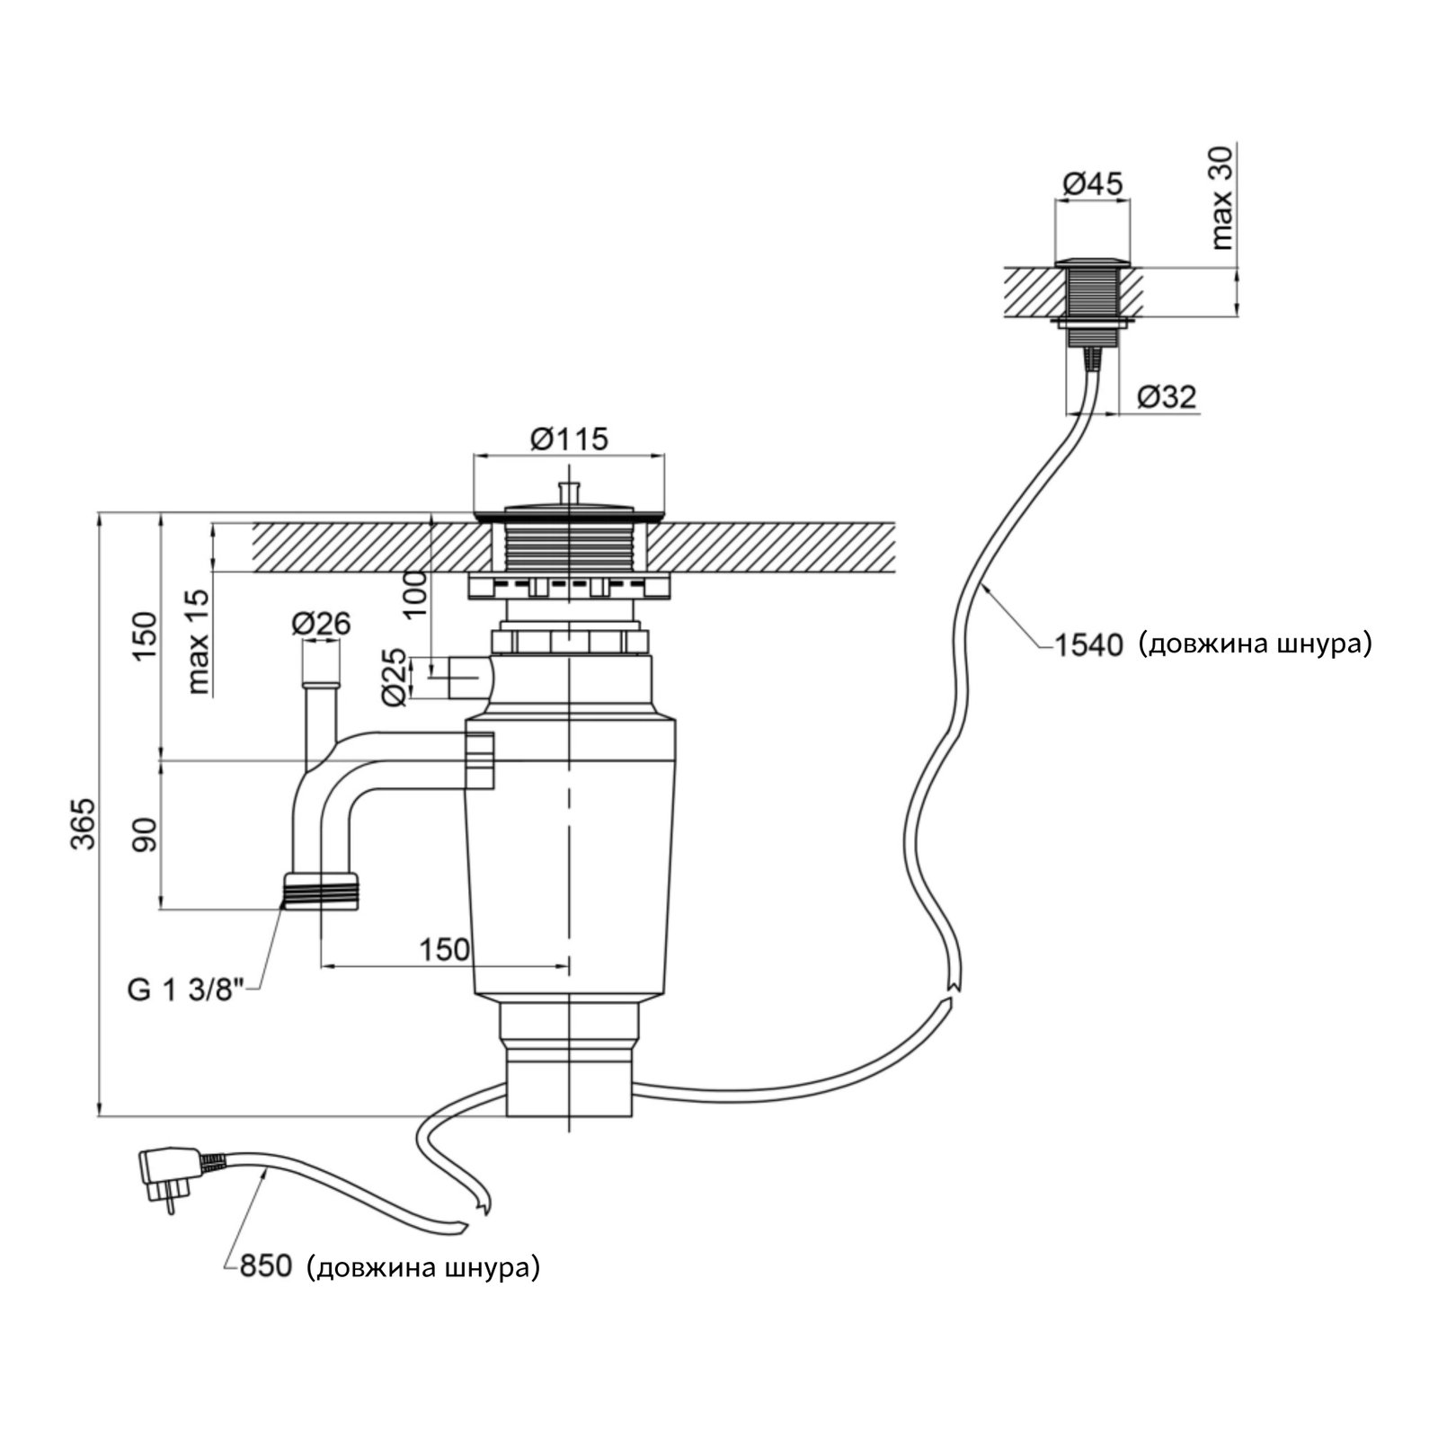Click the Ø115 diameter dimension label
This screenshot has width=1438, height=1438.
(x=569, y=439)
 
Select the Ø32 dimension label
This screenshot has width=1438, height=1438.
(x=1167, y=396)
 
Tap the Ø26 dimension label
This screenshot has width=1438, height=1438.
(x=321, y=622)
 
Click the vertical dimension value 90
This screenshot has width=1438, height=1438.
(x=146, y=834)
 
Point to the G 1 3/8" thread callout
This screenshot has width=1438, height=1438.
(x=186, y=990)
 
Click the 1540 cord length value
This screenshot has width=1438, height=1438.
(x=1087, y=644)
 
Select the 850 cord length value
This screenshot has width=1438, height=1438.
(x=265, y=1267)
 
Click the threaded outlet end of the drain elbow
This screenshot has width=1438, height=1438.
(x=322, y=891)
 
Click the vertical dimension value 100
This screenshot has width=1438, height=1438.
(x=415, y=593)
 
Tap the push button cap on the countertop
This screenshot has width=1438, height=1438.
(x=1091, y=262)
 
